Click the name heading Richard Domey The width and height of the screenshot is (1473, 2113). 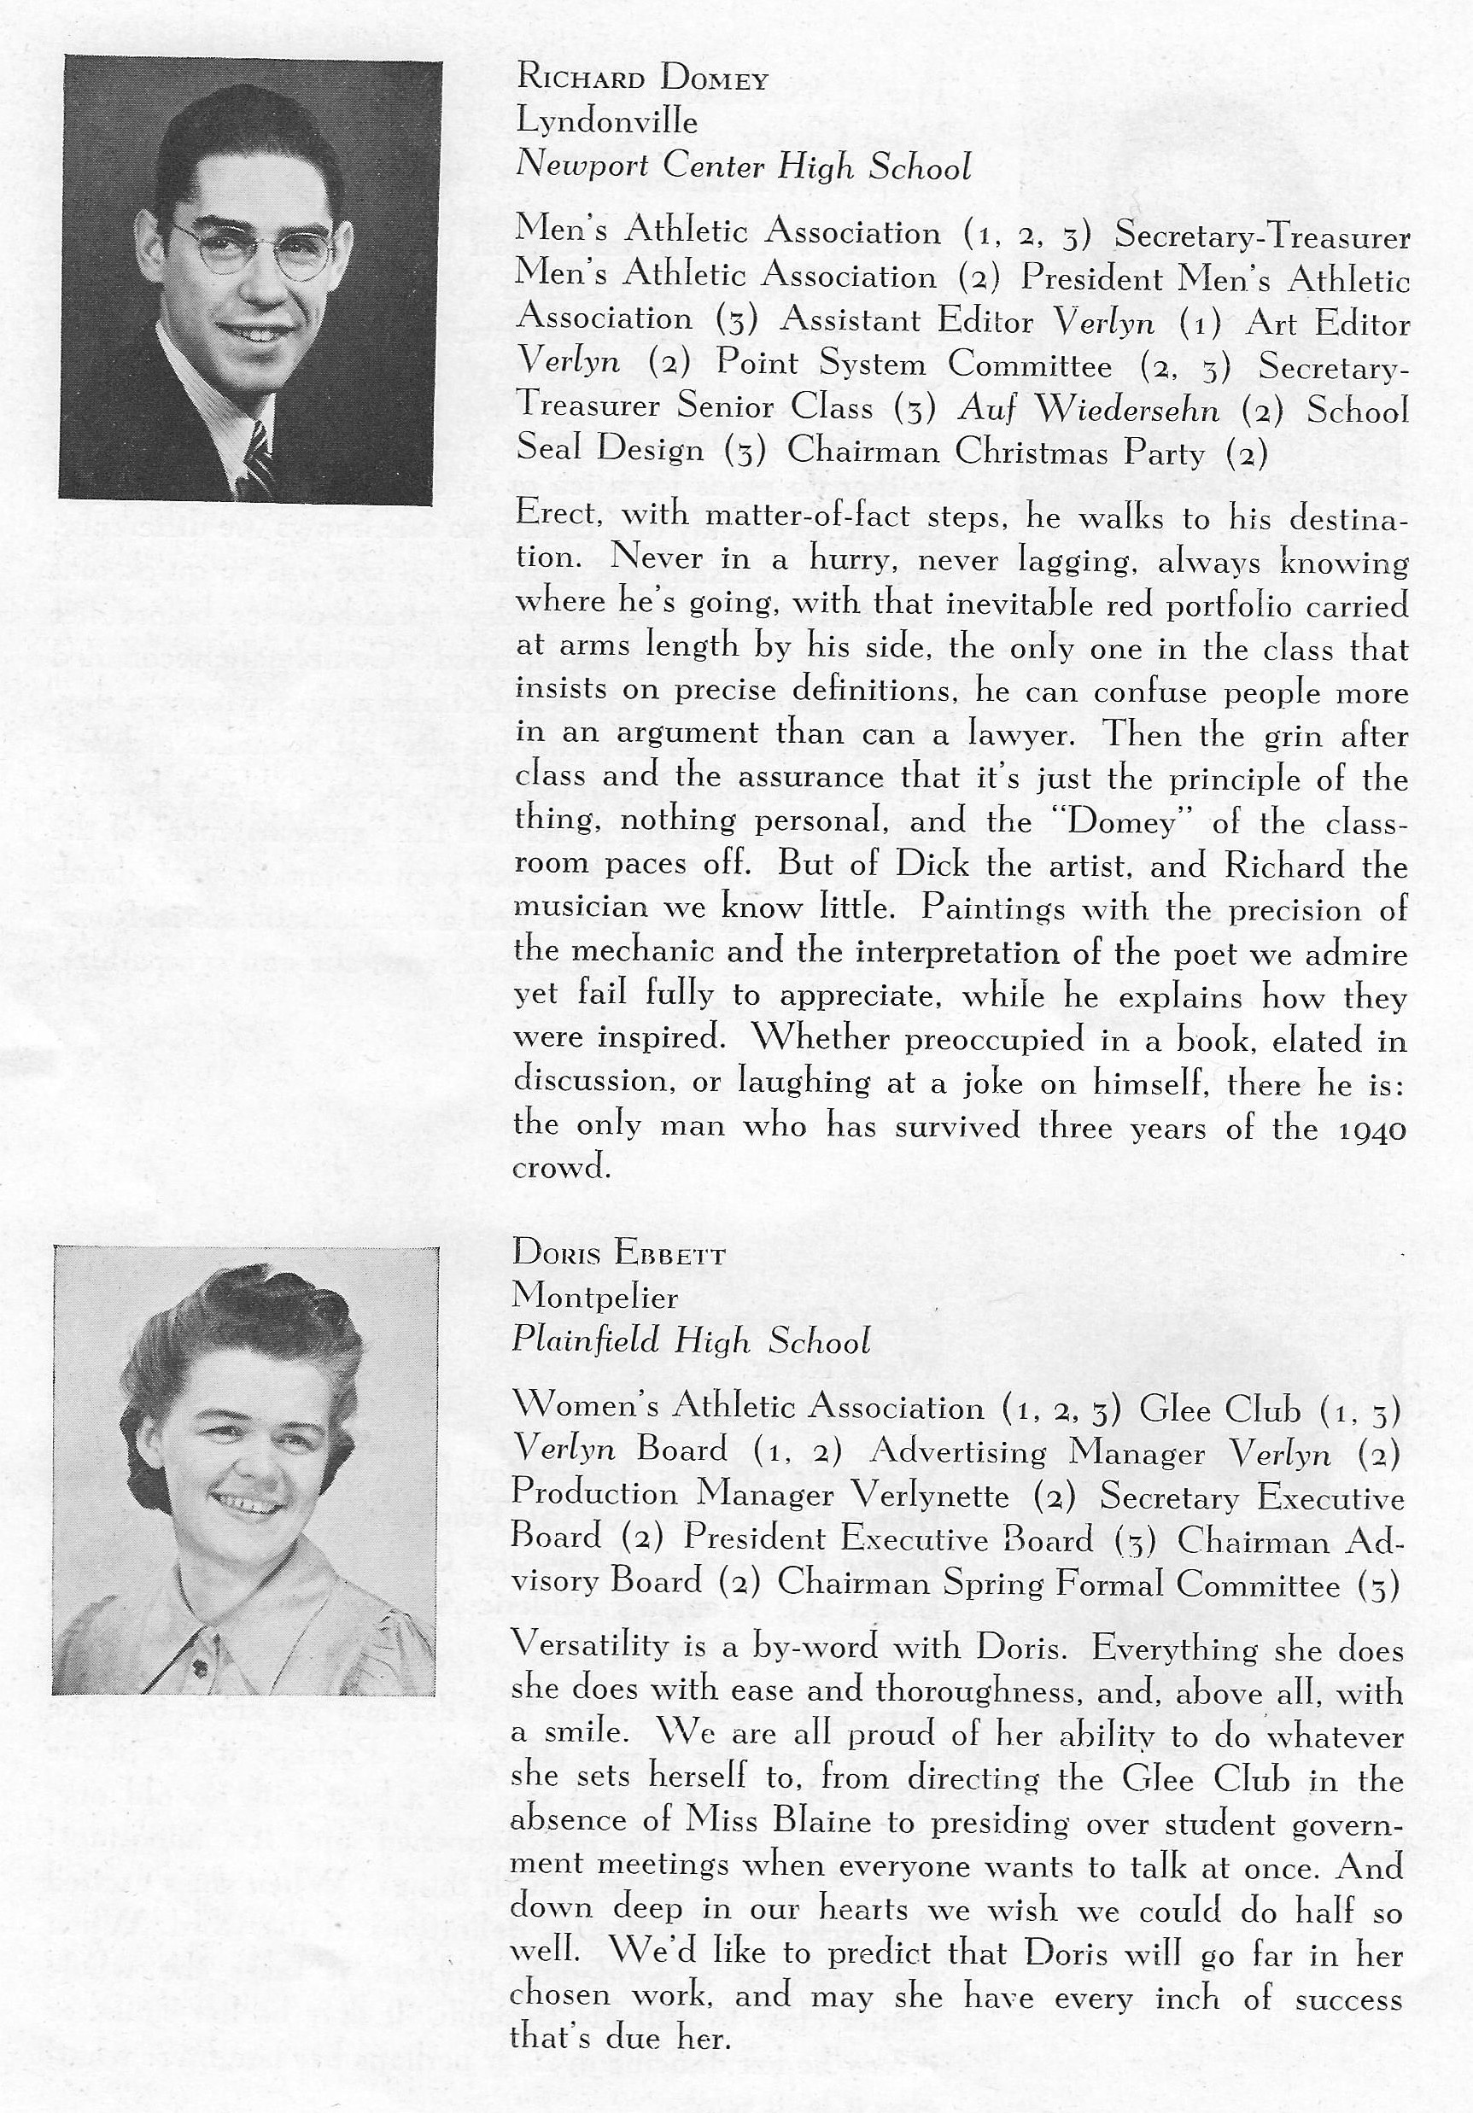click(641, 79)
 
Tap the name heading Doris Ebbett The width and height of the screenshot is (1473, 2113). click(618, 1253)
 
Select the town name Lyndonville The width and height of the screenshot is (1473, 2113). click(606, 121)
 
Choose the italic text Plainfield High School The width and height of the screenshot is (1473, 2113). click(691, 1341)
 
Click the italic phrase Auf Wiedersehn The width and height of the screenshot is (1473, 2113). click(1089, 409)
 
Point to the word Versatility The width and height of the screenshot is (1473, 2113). click(589, 1643)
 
